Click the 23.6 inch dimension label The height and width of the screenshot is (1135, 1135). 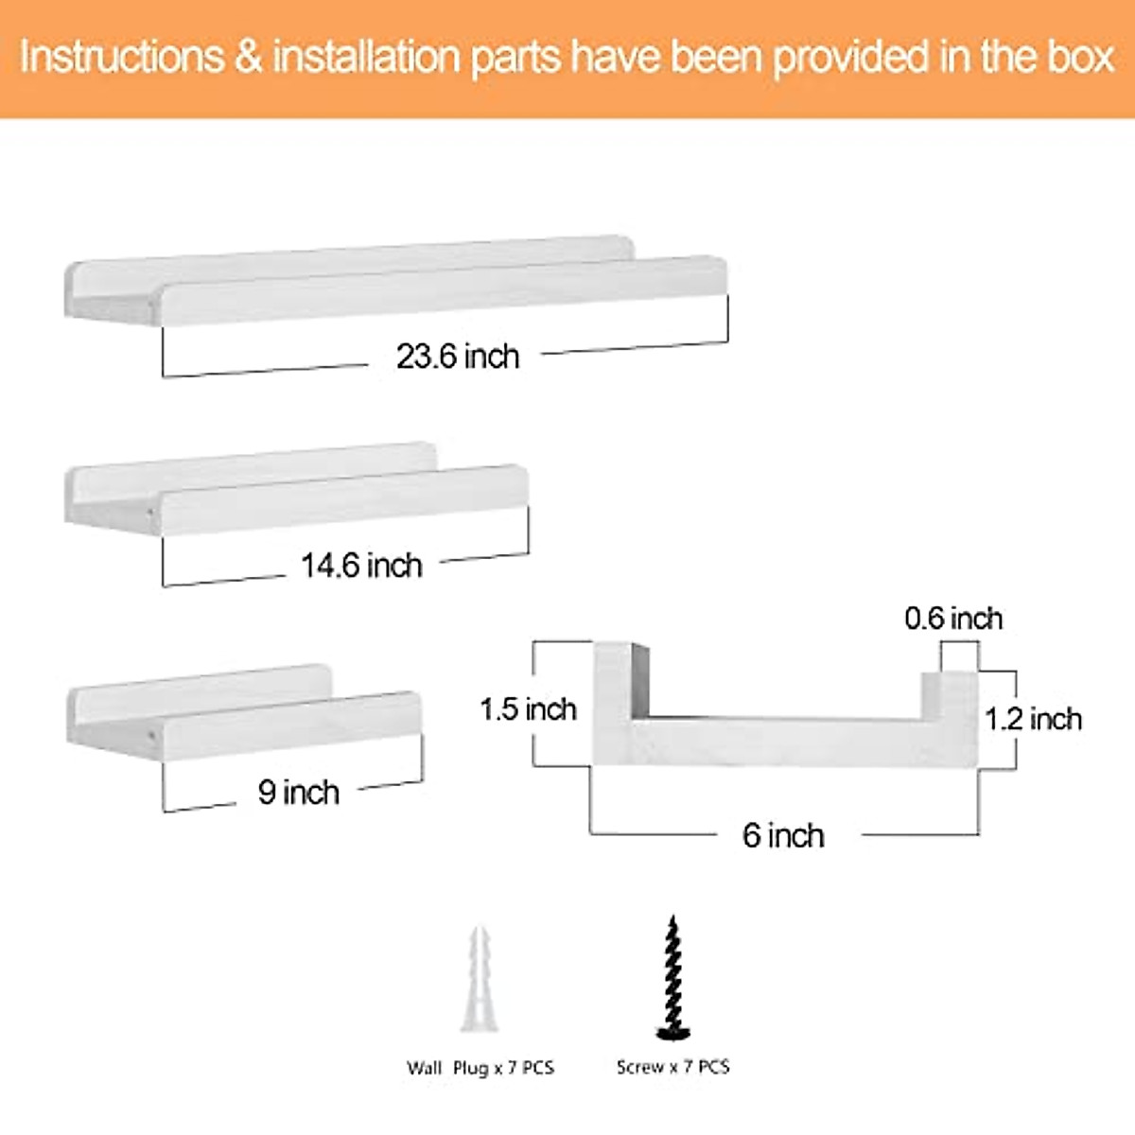click(458, 357)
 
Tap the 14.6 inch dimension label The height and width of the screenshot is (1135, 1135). click(361, 566)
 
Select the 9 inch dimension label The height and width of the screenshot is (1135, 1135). click(298, 792)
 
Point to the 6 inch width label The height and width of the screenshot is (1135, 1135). click(783, 835)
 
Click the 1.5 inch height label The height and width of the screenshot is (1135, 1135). click(528, 709)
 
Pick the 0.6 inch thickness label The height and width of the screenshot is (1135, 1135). click(952, 619)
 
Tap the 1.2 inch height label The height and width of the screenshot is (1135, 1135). click(1033, 719)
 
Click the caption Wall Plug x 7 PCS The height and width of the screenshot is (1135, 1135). click(480, 1068)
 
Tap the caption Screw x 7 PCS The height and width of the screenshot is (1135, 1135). click(672, 1067)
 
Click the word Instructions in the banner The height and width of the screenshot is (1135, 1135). click(122, 57)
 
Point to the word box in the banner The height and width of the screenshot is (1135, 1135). click(1080, 57)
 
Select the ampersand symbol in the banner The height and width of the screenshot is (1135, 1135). click(248, 57)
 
